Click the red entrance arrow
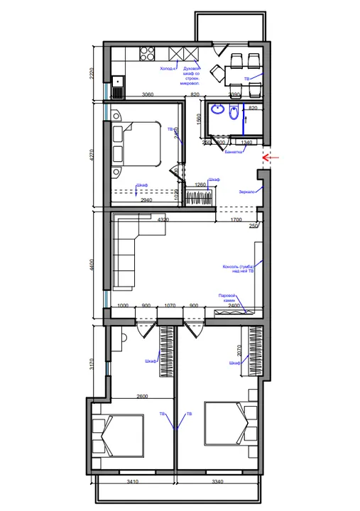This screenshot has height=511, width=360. (x=271, y=157)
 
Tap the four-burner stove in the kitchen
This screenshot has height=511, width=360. (x=148, y=52)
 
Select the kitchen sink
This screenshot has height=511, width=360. (x=117, y=87)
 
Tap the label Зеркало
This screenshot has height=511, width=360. (x=246, y=192)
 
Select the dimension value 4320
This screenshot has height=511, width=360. (x=163, y=220)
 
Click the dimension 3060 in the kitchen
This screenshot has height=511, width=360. (x=148, y=94)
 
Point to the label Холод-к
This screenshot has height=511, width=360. (x=168, y=70)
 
